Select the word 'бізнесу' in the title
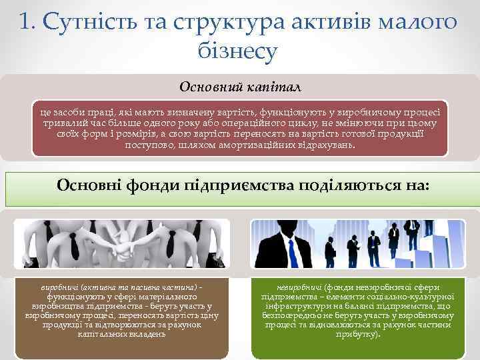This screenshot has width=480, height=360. click(237, 52)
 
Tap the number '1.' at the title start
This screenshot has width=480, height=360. click(28, 22)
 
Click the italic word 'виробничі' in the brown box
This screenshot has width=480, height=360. click(59, 287)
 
